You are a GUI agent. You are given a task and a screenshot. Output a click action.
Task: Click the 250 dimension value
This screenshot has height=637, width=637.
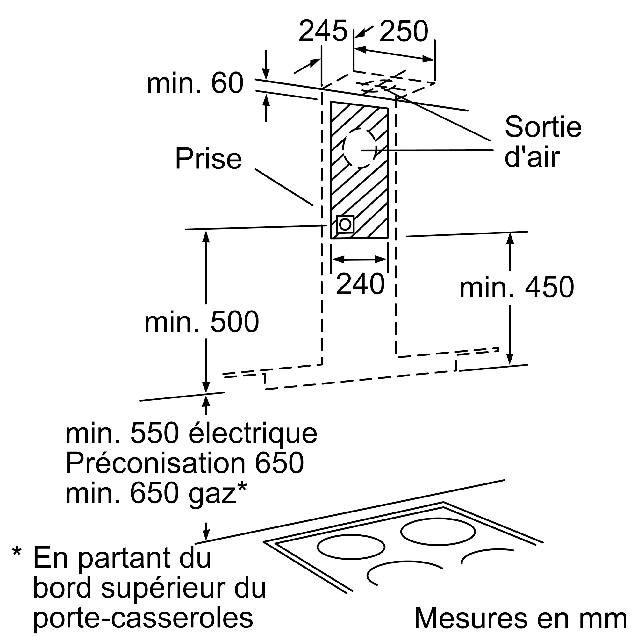point(404,31)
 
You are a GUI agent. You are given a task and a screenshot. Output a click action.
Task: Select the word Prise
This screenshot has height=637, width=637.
point(208,159)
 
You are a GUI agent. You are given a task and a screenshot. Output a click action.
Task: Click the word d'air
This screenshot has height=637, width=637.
point(532,157)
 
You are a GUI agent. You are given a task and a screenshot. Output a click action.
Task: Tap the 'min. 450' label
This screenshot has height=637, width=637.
point(517,287)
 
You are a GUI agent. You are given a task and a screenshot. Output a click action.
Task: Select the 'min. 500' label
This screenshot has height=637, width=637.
point(202,322)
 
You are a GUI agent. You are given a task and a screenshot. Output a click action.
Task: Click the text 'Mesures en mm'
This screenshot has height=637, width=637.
point(520,618)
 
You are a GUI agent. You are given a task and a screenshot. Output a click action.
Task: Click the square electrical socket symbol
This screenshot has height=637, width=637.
point(345,225)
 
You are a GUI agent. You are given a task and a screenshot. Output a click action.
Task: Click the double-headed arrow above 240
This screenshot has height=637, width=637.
point(359,260)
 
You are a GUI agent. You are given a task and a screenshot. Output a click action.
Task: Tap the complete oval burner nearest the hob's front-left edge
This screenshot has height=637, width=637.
point(351,547)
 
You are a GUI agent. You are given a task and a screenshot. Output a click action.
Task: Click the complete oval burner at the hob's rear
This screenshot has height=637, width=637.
point(438,532)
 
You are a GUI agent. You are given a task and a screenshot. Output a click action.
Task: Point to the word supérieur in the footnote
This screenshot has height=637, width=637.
point(163,589)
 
